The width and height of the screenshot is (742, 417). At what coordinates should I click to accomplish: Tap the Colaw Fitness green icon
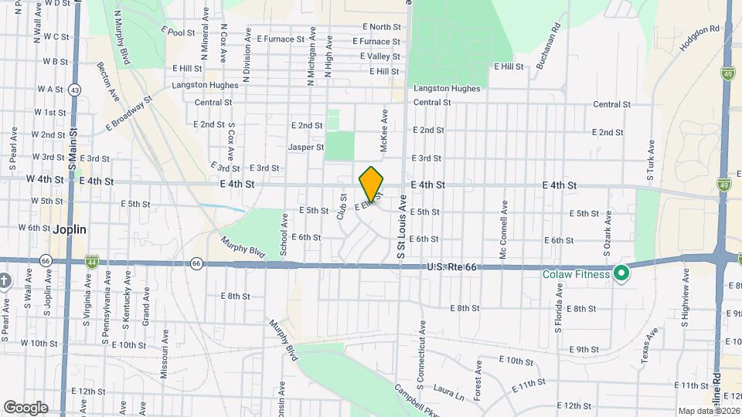pos(621,273)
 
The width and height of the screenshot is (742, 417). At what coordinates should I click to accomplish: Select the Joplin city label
pos(70,229)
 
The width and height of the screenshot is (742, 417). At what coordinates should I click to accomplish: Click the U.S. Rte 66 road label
pos(451,267)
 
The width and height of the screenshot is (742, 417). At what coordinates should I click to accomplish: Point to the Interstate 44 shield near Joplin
pos(91,262)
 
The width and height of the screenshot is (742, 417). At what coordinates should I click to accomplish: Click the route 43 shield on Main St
pos(74,90)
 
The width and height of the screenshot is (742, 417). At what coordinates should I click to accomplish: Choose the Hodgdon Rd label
pos(699,39)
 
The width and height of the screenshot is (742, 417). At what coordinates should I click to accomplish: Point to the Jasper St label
pos(305,147)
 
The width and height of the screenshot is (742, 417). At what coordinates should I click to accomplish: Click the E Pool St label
pos(177,32)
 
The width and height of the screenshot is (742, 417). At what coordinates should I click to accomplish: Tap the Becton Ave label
pos(108,81)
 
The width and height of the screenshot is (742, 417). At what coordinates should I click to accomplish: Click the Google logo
pos(26,408)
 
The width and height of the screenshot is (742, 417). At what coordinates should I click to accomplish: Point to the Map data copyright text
pos(709,411)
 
